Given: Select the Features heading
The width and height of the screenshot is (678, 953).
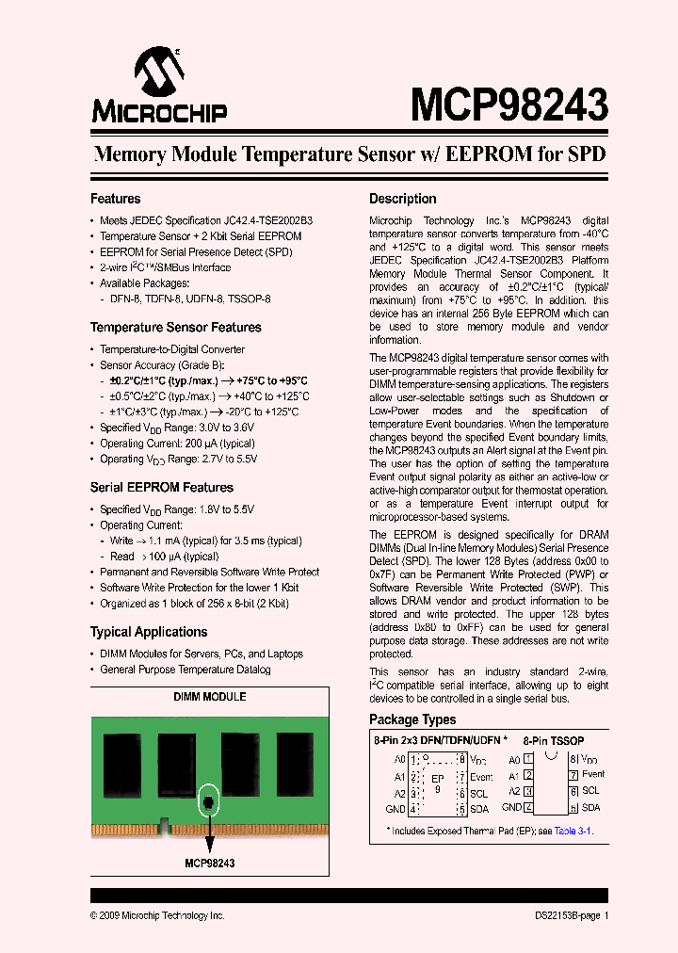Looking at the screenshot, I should click(x=115, y=199).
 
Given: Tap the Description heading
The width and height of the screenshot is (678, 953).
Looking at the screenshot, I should click(x=402, y=199).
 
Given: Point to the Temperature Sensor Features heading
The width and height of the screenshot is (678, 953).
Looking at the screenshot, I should click(x=175, y=328).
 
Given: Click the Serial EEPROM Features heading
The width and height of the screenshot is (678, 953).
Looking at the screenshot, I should click(x=161, y=488).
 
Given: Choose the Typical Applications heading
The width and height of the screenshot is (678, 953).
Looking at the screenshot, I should click(x=148, y=632).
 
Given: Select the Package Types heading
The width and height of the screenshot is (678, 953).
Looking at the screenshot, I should click(x=412, y=719).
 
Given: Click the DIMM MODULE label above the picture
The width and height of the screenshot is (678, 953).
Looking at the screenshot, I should click(x=210, y=697).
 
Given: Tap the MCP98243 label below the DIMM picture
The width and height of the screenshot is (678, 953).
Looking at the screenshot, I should click(x=209, y=863).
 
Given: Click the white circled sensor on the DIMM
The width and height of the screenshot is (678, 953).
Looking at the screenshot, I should click(x=209, y=802).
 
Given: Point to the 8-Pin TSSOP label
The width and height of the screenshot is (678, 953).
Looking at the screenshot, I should click(x=554, y=741).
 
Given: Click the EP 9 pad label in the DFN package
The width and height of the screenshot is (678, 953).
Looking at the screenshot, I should click(x=437, y=783).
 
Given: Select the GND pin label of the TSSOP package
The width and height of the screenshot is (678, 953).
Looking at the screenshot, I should click(x=511, y=807).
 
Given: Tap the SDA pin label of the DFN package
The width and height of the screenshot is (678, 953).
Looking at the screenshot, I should click(x=478, y=810).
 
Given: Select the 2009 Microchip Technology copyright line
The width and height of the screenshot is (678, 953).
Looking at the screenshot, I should click(x=157, y=915).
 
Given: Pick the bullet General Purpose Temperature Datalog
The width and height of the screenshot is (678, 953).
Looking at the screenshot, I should click(x=185, y=670).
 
